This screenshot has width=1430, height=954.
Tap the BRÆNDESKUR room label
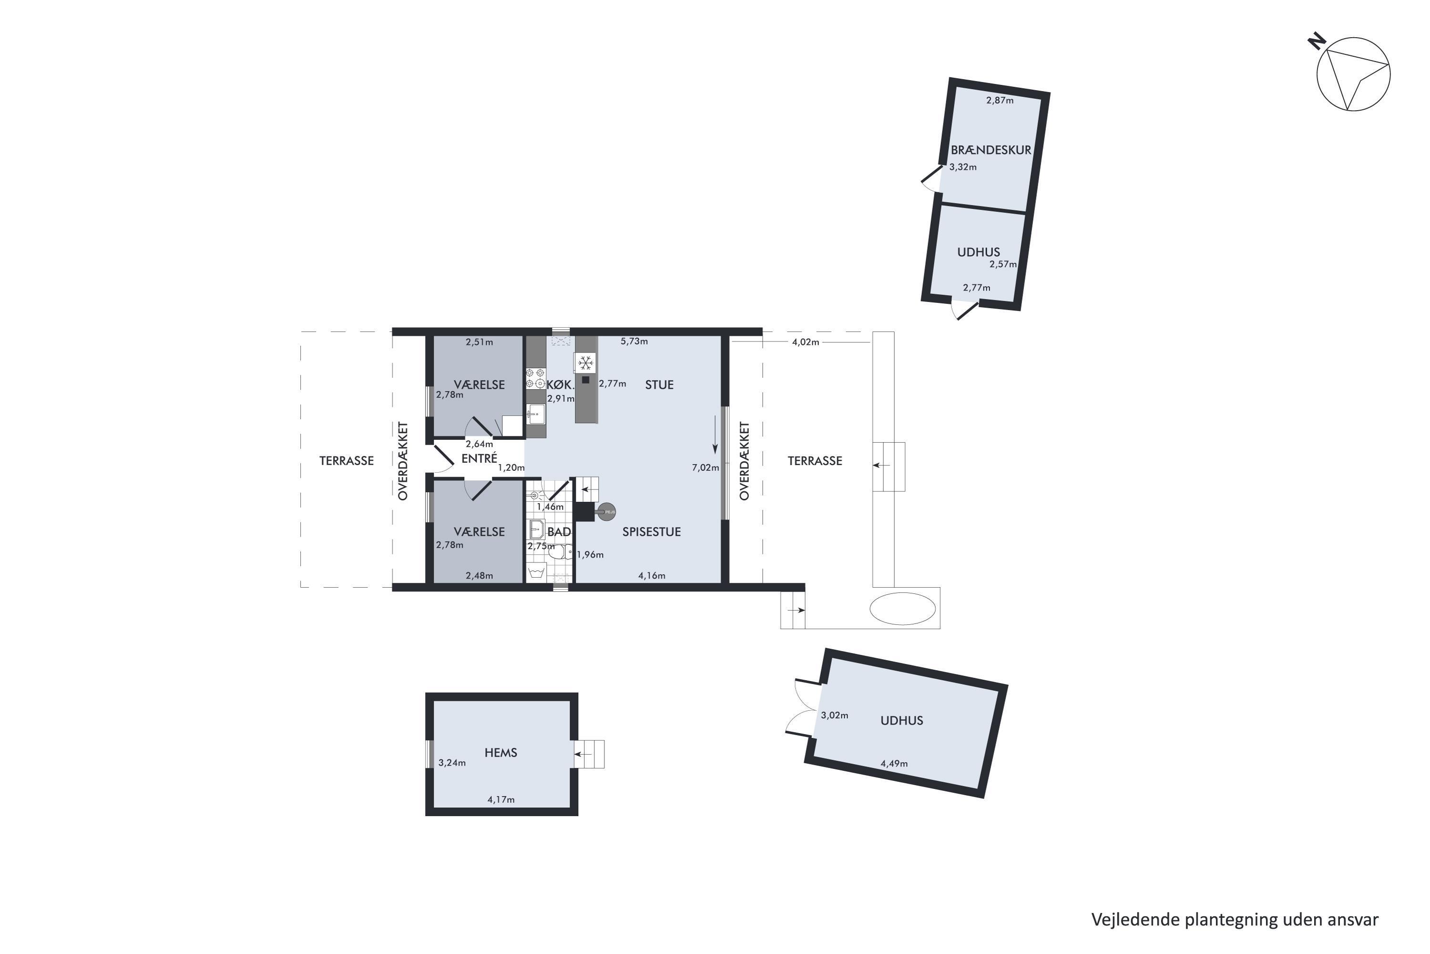(991, 150)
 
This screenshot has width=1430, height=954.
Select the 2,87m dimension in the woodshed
(1000, 100)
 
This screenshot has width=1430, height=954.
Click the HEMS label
(501, 753)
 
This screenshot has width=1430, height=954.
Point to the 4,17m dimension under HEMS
(501, 799)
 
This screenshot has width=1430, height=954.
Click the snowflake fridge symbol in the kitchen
(585, 363)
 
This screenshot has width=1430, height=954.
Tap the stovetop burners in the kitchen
(536, 378)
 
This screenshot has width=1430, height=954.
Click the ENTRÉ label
(479, 459)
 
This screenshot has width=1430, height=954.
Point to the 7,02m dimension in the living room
(705, 468)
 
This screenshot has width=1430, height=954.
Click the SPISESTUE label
(651, 532)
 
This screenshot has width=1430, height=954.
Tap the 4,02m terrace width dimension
(806, 342)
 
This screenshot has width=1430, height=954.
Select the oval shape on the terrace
(903, 609)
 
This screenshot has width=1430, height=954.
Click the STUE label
(660, 384)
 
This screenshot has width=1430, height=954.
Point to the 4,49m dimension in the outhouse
(894, 764)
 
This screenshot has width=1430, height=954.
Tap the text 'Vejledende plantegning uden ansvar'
(1235, 919)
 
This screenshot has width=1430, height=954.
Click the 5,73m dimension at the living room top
(634, 342)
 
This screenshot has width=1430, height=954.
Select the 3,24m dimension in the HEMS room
(452, 763)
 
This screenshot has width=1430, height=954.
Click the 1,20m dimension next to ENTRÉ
(511, 468)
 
